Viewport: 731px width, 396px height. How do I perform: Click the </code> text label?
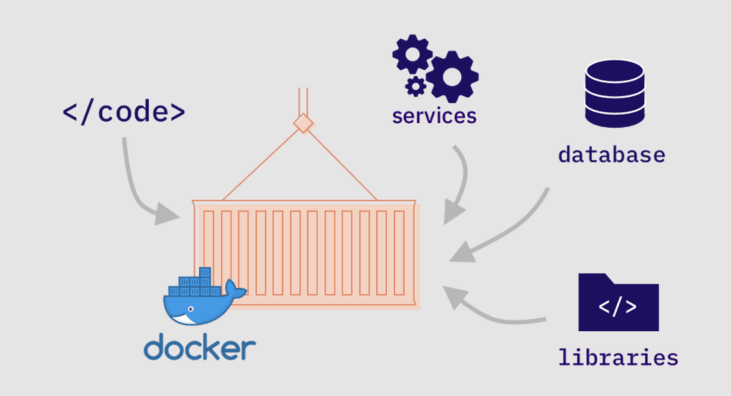(123, 111)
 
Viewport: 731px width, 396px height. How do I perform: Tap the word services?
(434, 116)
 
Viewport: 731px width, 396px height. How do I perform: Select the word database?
(611, 154)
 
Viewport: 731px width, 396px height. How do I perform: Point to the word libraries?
(617, 356)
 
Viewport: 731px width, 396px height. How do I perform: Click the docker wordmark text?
(200, 348)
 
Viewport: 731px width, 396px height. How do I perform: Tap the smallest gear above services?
(416, 86)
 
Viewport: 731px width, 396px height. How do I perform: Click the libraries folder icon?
(618, 303)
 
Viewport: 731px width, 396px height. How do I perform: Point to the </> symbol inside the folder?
(617, 307)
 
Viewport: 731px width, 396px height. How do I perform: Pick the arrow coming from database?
(508, 234)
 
